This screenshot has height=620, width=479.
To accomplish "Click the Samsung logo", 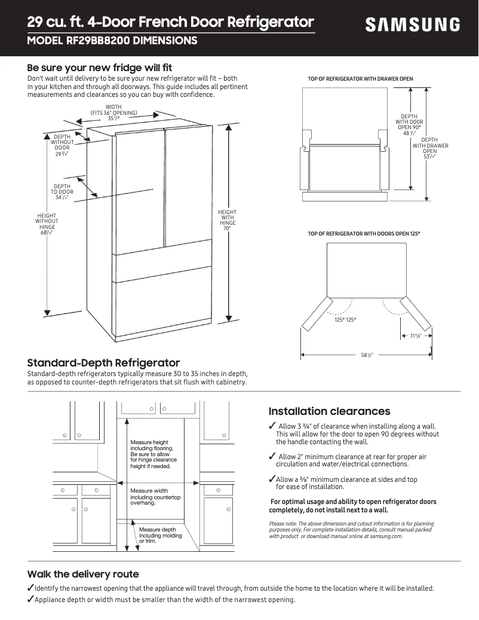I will coord(413,25).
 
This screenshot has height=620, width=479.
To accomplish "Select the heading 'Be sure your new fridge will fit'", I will coord(100,68).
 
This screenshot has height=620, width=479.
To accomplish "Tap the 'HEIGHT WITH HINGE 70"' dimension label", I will coord(227,220).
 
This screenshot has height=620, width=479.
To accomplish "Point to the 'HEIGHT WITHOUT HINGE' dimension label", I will coord(47,224).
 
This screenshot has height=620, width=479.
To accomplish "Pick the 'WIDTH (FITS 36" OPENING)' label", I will coord(113,112).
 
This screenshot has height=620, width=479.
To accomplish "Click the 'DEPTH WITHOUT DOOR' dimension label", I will coord(62,145).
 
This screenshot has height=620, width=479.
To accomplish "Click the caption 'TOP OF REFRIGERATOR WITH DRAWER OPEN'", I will coord(360,79).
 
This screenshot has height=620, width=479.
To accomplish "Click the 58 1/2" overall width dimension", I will coord(367,355).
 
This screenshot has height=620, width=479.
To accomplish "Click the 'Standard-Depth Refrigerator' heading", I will coord(103,363).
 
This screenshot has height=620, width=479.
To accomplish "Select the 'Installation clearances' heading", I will coord(329,411).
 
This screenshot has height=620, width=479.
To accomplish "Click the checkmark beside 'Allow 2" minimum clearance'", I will coord(272,457).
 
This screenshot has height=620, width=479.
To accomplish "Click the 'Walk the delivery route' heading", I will coord(83,574).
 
